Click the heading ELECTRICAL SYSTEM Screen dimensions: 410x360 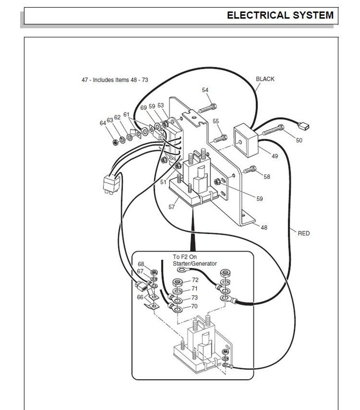[280, 16]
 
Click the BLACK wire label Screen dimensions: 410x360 [265, 79]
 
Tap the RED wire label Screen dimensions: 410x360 [303, 233]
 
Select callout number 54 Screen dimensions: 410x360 [205, 90]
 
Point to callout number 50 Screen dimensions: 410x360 [299, 140]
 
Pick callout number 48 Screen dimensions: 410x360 [264, 227]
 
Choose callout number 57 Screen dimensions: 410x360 [172, 207]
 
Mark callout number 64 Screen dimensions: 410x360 [103, 123]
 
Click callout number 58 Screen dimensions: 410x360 [267, 177]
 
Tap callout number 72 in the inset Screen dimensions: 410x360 [195, 280]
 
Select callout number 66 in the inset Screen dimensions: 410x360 [140, 297]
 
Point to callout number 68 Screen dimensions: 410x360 [141, 264]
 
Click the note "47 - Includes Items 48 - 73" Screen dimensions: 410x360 [115, 80]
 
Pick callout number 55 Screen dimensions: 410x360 [216, 121]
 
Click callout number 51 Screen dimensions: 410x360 [163, 182]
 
